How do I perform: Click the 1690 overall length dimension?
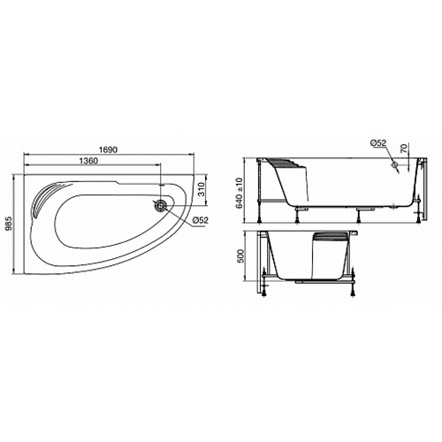(x=108, y=151)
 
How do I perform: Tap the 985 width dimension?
(x=10, y=225)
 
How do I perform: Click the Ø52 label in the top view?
(x=200, y=219)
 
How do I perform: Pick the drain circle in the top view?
(x=160, y=206)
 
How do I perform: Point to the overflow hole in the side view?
(x=392, y=164)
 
